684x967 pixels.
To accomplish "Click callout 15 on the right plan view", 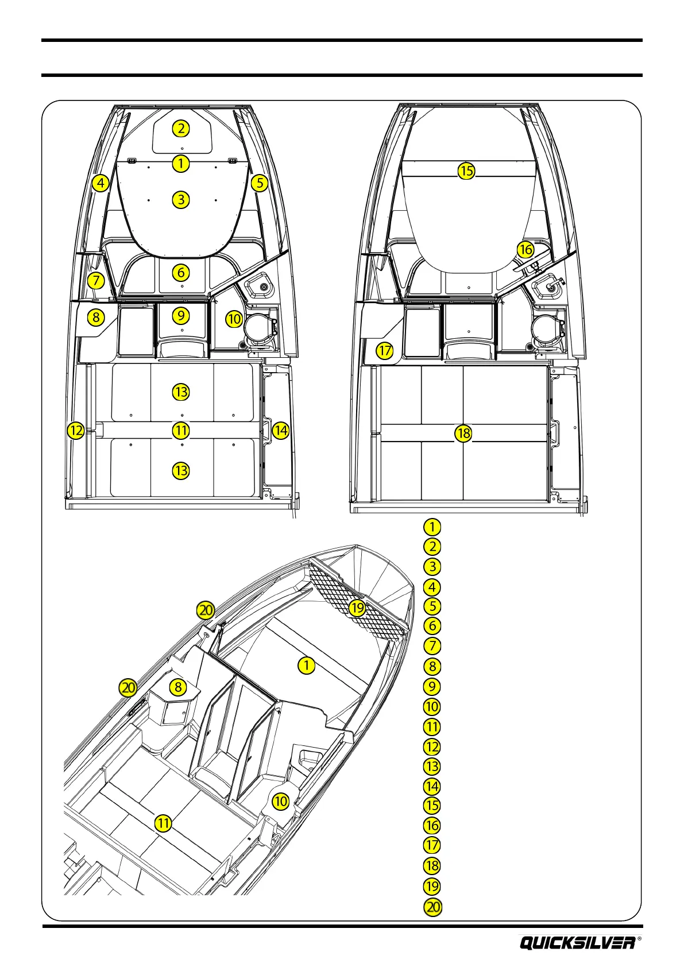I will (x=466, y=171).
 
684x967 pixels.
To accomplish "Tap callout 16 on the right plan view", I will (x=525, y=249).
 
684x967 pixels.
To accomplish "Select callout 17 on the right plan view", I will (x=385, y=350).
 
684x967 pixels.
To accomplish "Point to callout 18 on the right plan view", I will (x=463, y=433).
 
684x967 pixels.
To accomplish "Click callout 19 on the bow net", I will (x=358, y=608).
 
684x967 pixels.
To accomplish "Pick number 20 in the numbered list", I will (x=432, y=907).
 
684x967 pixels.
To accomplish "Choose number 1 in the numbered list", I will (x=432, y=527).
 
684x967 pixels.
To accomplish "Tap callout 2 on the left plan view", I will (x=181, y=129).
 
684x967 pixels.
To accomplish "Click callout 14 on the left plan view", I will (x=280, y=430).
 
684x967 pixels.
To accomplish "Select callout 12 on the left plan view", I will (x=76, y=430).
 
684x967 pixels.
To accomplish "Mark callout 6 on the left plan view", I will (x=181, y=273).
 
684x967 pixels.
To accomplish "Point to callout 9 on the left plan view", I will (x=181, y=315).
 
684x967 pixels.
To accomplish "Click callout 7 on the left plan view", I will (x=96, y=281).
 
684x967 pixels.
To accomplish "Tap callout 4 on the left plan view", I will (x=101, y=184).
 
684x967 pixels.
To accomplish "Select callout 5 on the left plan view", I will (x=260, y=183).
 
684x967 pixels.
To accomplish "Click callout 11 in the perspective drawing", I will (x=164, y=823).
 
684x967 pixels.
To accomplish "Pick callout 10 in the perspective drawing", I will (x=280, y=801).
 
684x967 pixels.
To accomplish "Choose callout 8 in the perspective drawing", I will (x=178, y=687).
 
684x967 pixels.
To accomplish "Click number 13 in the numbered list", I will (x=432, y=766).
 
